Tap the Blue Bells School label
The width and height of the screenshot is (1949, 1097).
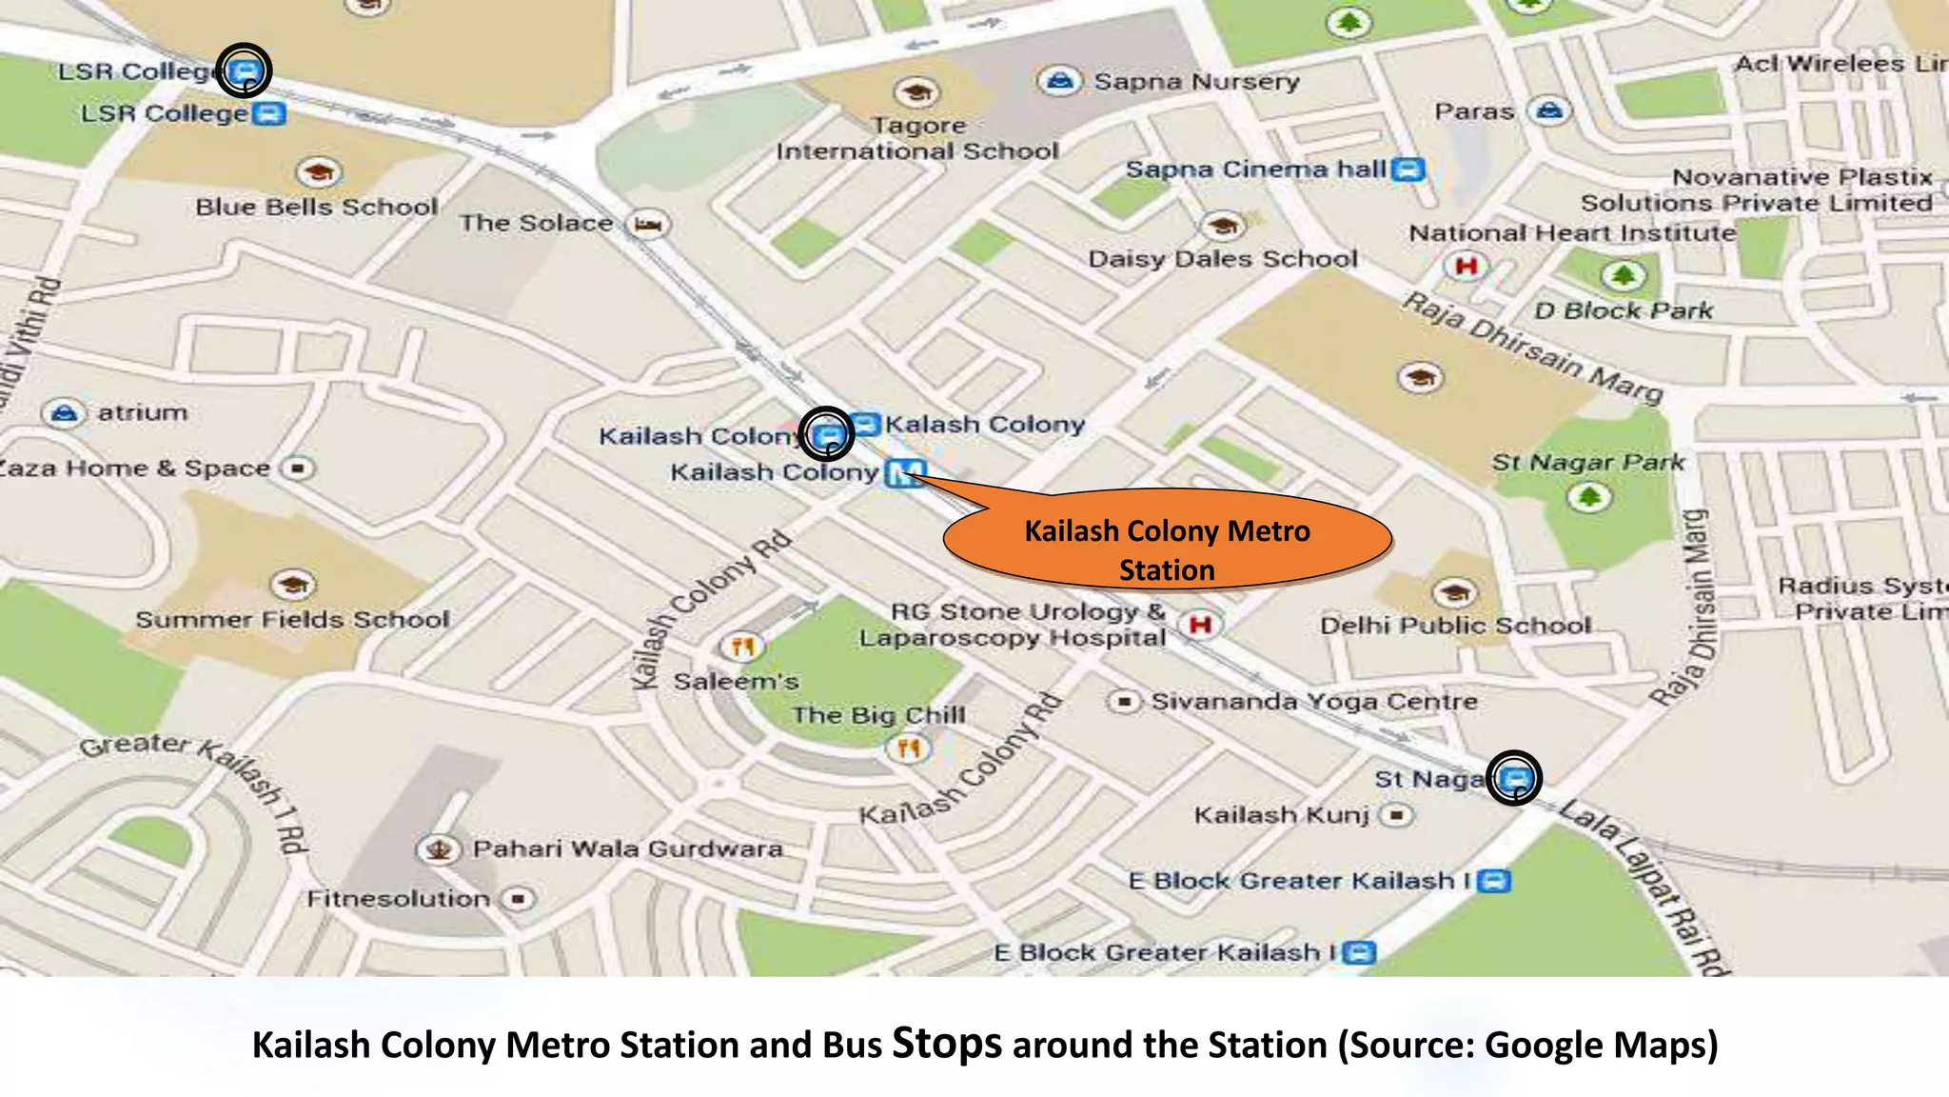(x=316, y=207)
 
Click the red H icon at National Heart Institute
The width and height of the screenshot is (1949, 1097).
(x=1466, y=266)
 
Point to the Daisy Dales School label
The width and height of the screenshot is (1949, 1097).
(x=1223, y=259)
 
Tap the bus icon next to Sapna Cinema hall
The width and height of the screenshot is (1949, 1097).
(x=1408, y=170)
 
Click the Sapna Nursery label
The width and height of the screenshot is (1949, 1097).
(x=1196, y=82)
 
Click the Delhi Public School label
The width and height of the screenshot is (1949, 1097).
(x=1455, y=626)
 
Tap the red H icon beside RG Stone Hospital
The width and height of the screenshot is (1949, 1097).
(x=1200, y=625)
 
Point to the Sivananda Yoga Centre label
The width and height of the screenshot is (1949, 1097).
(x=1314, y=702)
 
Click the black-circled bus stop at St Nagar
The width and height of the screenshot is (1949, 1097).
(x=1514, y=778)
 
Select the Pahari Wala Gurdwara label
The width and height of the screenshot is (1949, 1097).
(x=627, y=848)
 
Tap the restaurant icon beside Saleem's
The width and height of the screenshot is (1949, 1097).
(x=742, y=648)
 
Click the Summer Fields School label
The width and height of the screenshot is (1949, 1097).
(x=292, y=620)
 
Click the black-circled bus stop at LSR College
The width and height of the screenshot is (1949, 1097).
(x=245, y=70)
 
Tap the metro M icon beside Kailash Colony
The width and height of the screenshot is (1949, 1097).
(x=905, y=473)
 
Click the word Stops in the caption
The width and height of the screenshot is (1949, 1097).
(x=946, y=1044)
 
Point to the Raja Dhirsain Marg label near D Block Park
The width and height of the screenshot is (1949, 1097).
(x=1532, y=349)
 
